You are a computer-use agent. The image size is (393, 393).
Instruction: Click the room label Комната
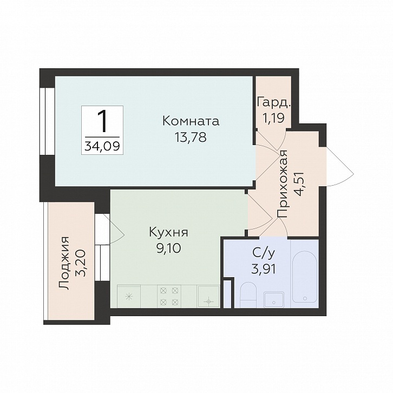[x=191, y=121]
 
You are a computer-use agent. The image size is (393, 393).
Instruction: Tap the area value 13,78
[x=191, y=137]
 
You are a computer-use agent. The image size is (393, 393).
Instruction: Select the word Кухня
[x=168, y=232]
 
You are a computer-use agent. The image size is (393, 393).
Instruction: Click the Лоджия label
[x=64, y=263]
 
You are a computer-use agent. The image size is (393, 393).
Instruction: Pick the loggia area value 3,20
[x=81, y=263]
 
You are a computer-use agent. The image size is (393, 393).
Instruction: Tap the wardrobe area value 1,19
[x=273, y=117]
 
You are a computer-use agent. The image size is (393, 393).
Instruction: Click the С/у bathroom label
[x=264, y=253]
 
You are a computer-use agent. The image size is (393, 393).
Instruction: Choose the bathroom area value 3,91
[x=264, y=269]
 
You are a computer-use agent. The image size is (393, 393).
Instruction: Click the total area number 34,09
[x=102, y=146]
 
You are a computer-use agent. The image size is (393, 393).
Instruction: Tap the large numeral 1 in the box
[x=102, y=122]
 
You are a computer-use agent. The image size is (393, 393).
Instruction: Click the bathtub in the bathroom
[x=305, y=276]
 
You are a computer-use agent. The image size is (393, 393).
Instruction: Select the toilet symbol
[x=248, y=294]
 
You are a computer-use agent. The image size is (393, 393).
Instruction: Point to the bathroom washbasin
[x=274, y=299]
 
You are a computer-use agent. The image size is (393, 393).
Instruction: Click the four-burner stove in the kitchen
[x=169, y=296]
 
